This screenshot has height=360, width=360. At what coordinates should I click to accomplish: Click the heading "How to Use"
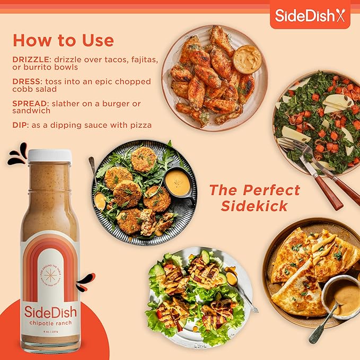pos(63,40)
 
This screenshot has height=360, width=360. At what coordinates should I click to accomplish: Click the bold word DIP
pos(19,125)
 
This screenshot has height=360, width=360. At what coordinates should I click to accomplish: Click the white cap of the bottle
pos(49,155)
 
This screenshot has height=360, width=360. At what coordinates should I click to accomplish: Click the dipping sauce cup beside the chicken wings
pos(247,59)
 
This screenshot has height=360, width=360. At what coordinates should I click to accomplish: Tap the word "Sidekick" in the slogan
pos(254,206)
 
